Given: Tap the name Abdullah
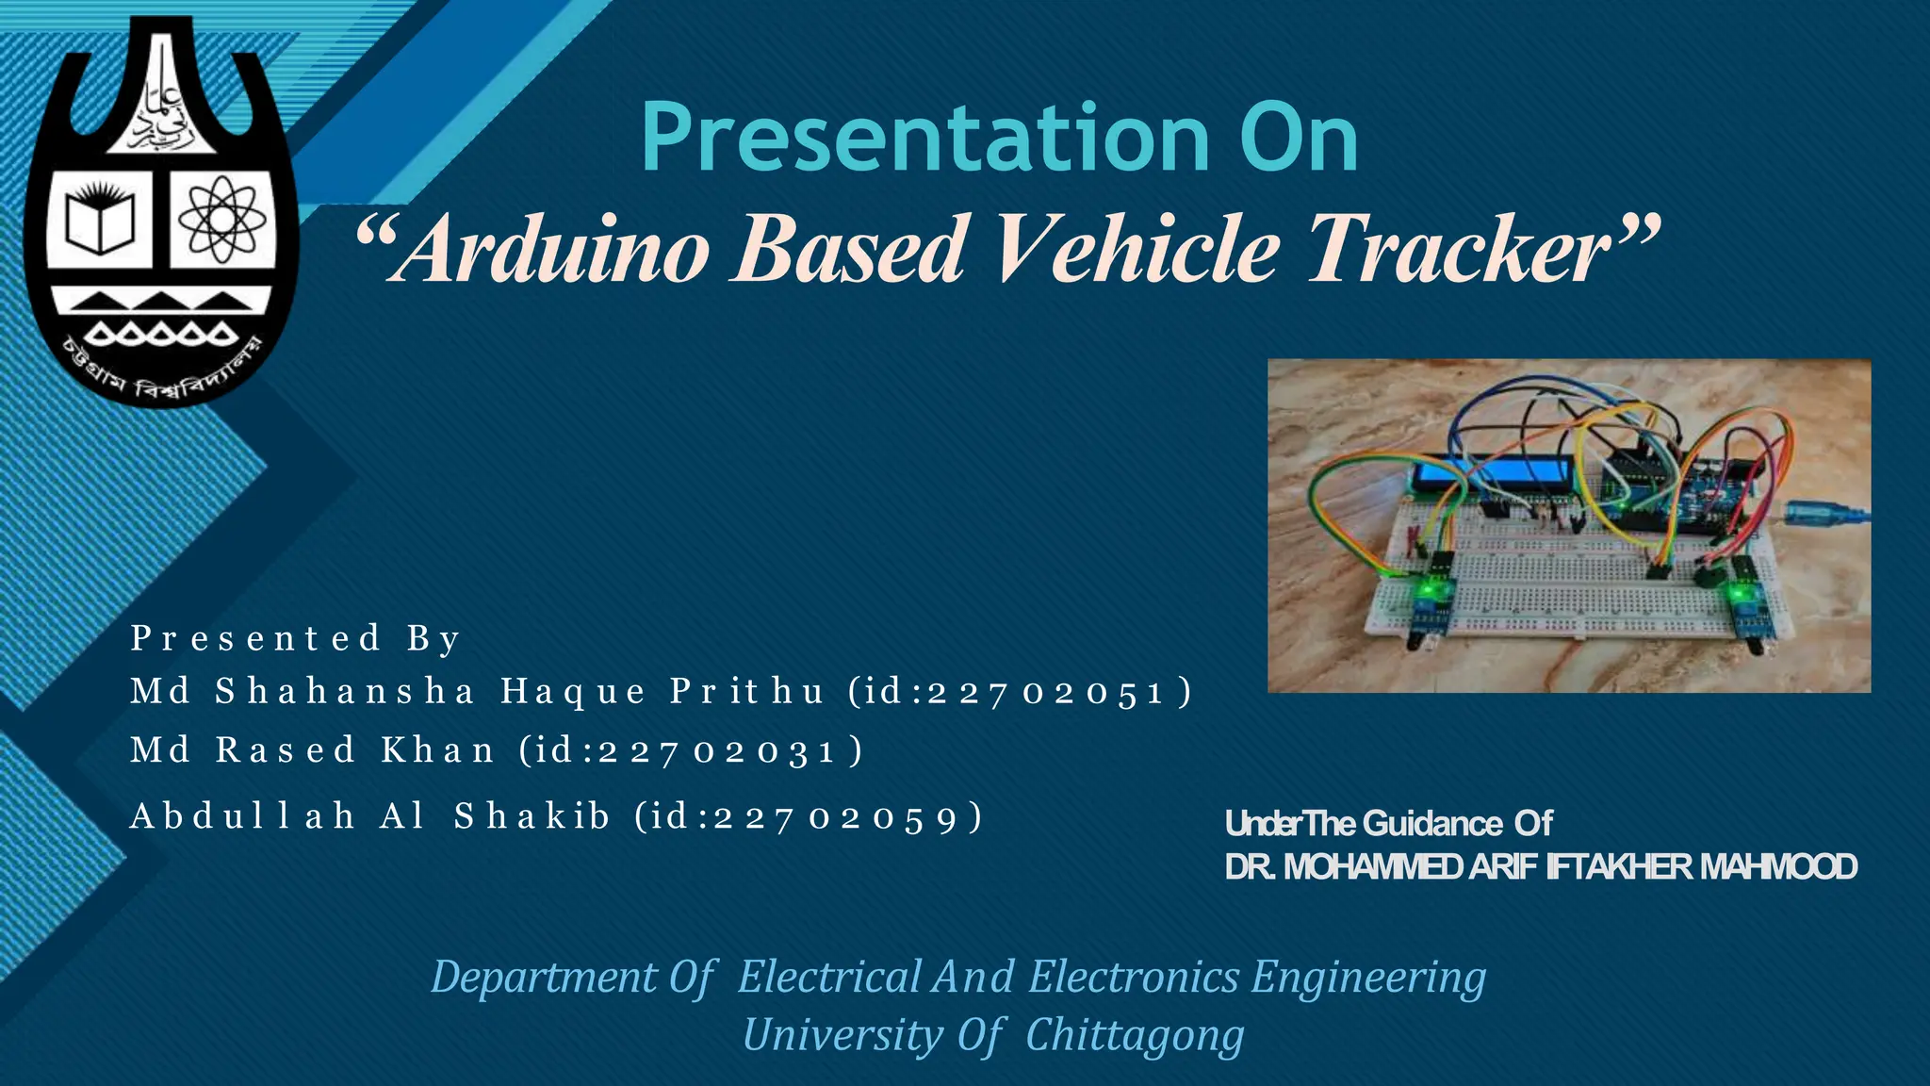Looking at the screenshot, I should click(x=243, y=816).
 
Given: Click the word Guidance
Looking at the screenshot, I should click(x=1432, y=824).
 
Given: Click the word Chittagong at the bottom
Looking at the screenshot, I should click(x=1135, y=1035).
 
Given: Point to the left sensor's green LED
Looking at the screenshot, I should click(x=1431, y=590).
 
